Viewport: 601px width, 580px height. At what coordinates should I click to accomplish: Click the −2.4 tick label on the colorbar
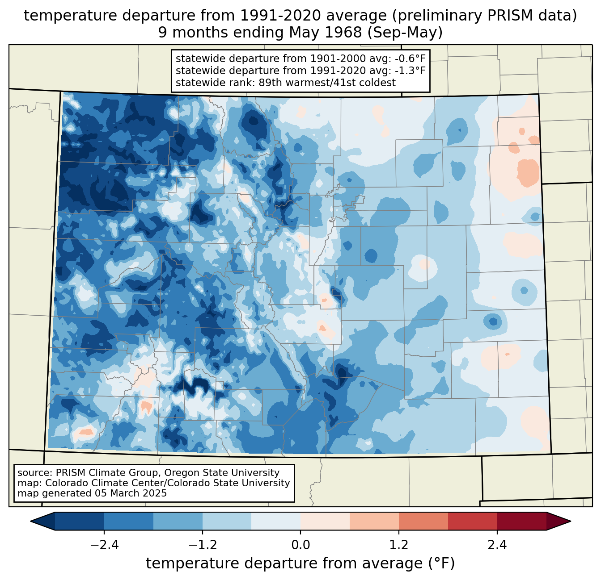104,545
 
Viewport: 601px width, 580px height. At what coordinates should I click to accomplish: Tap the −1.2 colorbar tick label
203,545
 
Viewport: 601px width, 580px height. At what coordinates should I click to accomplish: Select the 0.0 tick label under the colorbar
300,545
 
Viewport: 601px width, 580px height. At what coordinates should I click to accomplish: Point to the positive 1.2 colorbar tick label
399,545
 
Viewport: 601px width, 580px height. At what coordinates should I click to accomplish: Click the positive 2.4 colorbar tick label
497,545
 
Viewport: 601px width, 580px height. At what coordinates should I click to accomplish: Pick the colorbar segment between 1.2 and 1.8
423,521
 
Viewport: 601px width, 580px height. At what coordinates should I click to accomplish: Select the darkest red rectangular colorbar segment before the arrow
521,521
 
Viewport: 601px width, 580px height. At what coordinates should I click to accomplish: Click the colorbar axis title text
300,563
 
